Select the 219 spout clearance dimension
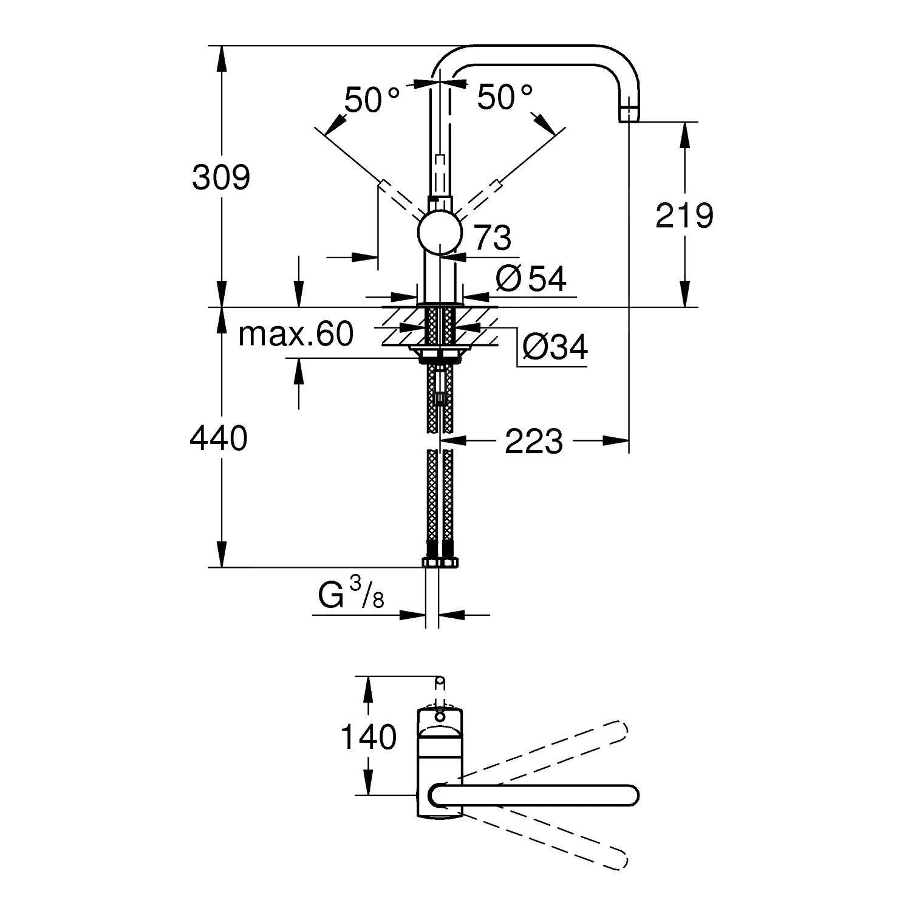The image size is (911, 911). [x=684, y=215]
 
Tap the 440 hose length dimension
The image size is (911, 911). [x=219, y=438]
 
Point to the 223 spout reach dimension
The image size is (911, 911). [x=534, y=441]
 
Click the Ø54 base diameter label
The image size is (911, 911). [x=531, y=279]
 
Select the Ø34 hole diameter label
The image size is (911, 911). [x=554, y=348]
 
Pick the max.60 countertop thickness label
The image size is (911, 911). [x=296, y=334]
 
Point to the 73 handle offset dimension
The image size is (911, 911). [x=492, y=237]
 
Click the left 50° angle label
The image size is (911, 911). [x=372, y=100]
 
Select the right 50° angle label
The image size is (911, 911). [x=505, y=97]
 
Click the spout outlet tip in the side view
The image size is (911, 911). [x=629, y=114]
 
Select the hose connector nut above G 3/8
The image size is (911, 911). [x=440, y=562]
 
